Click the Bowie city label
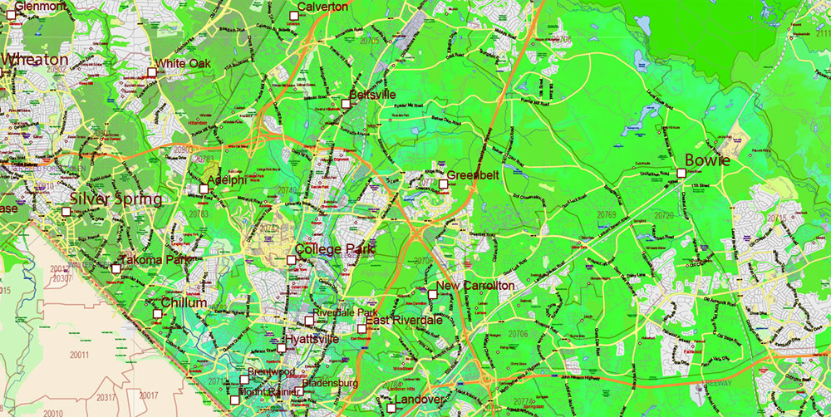(x=707, y=160)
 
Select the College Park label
(x=334, y=249)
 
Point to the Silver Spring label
(x=116, y=199)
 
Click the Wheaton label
(x=35, y=60)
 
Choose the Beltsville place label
(x=372, y=96)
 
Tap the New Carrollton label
(x=475, y=286)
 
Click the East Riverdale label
(x=404, y=321)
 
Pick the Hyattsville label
(x=312, y=340)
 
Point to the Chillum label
(x=184, y=303)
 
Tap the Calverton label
(x=322, y=7)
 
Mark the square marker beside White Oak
(x=151, y=73)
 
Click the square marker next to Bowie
(x=681, y=173)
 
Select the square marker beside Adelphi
(x=204, y=189)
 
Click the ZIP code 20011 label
(x=81, y=355)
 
